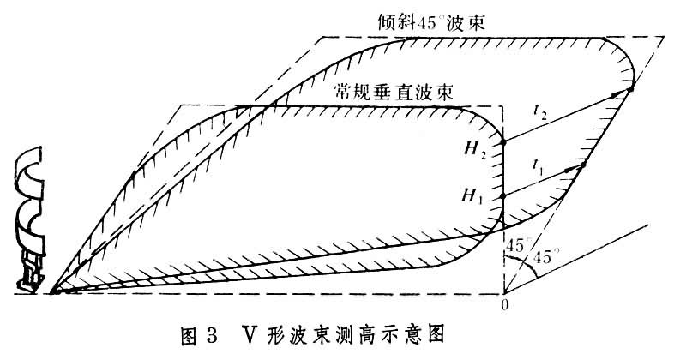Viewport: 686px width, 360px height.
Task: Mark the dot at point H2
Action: click(503, 141)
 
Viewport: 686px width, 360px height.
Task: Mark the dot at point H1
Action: click(503, 195)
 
